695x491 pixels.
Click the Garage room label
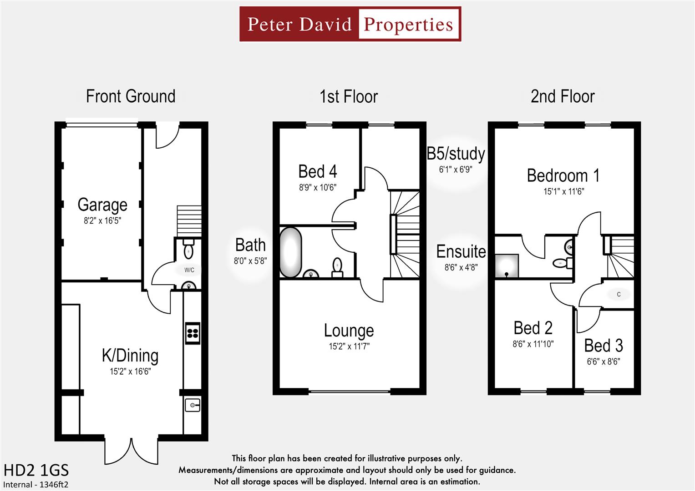[x=102, y=205]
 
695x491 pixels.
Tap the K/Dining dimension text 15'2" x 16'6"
[x=130, y=371]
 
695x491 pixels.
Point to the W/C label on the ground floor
[x=189, y=270]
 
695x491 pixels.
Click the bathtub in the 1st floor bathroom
[x=290, y=252]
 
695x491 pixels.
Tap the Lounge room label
[x=349, y=331]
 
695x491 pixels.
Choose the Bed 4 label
[x=318, y=172]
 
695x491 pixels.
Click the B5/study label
[x=456, y=154]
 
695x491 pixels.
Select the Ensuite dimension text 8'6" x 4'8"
[x=461, y=267]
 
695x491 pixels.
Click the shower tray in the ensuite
[x=507, y=266]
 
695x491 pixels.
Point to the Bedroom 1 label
[x=563, y=175]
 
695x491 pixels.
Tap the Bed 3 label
[x=604, y=346]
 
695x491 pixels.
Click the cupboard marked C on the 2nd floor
[x=619, y=295]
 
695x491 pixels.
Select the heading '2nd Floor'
[x=563, y=96]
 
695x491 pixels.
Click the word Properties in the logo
[x=408, y=25]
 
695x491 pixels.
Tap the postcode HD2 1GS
[x=36, y=470]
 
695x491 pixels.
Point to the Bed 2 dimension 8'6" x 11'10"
[x=533, y=344]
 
